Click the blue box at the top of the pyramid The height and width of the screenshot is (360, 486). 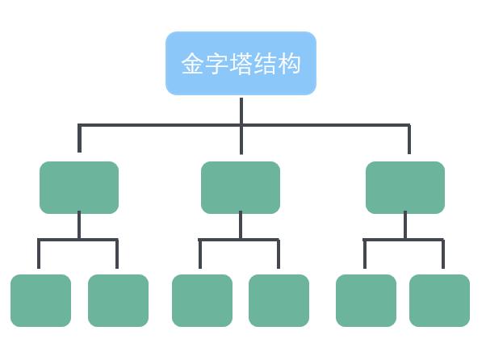(241, 63)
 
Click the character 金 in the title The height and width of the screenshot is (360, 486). (192, 64)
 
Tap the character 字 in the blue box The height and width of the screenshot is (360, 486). (216, 64)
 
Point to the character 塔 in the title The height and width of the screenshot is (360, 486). (241, 64)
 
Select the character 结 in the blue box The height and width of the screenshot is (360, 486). (264, 64)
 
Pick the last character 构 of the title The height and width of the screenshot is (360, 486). (288, 64)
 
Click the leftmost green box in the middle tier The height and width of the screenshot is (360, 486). (79, 187)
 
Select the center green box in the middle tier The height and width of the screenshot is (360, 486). (241, 187)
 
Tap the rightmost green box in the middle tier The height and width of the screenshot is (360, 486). (405, 187)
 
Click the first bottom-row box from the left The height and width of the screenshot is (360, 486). (40, 300)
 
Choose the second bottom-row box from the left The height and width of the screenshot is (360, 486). (118, 300)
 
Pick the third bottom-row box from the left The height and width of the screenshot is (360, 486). (202, 300)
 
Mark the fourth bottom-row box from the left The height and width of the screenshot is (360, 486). (279, 300)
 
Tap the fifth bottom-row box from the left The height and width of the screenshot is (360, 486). (366, 300)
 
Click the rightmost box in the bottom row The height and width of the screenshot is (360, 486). (439, 300)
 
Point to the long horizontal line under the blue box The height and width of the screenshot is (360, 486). (244, 125)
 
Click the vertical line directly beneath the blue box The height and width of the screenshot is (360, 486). (241, 126)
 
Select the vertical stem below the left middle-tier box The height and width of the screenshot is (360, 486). (79, 225)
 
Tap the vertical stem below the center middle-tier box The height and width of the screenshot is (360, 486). (241, 225)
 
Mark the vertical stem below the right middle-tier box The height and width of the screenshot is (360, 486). (405, 225)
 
